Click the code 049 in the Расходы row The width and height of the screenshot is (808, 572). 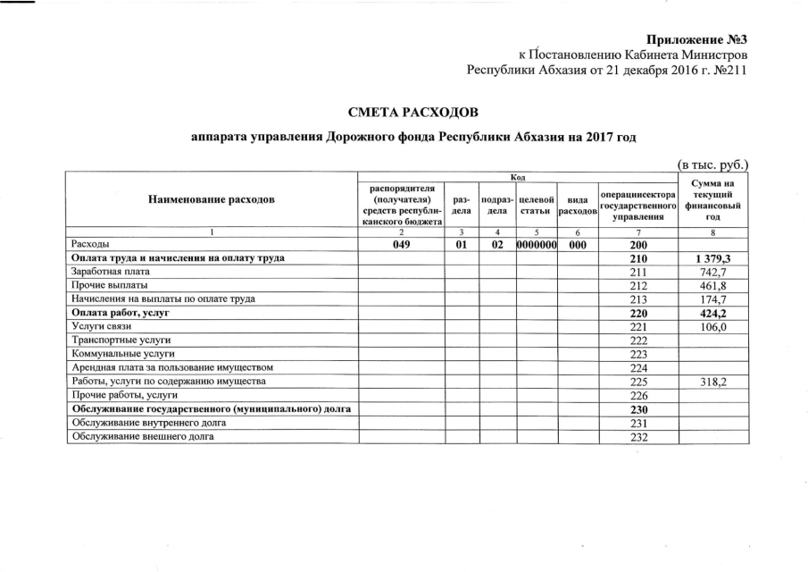coord(401,244)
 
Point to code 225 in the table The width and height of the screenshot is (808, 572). coord(637,382)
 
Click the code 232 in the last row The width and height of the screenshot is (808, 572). coord(637,437)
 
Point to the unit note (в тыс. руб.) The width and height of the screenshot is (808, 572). coord(712,164)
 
